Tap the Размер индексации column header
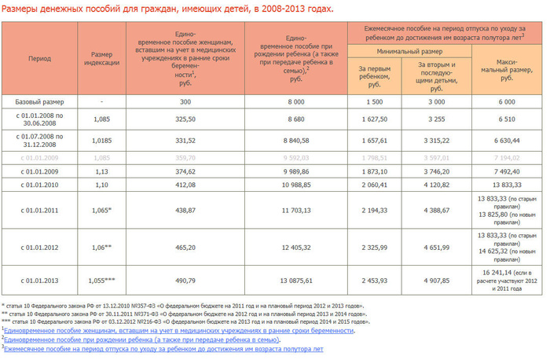pyautogui.click(x=101, y=59)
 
